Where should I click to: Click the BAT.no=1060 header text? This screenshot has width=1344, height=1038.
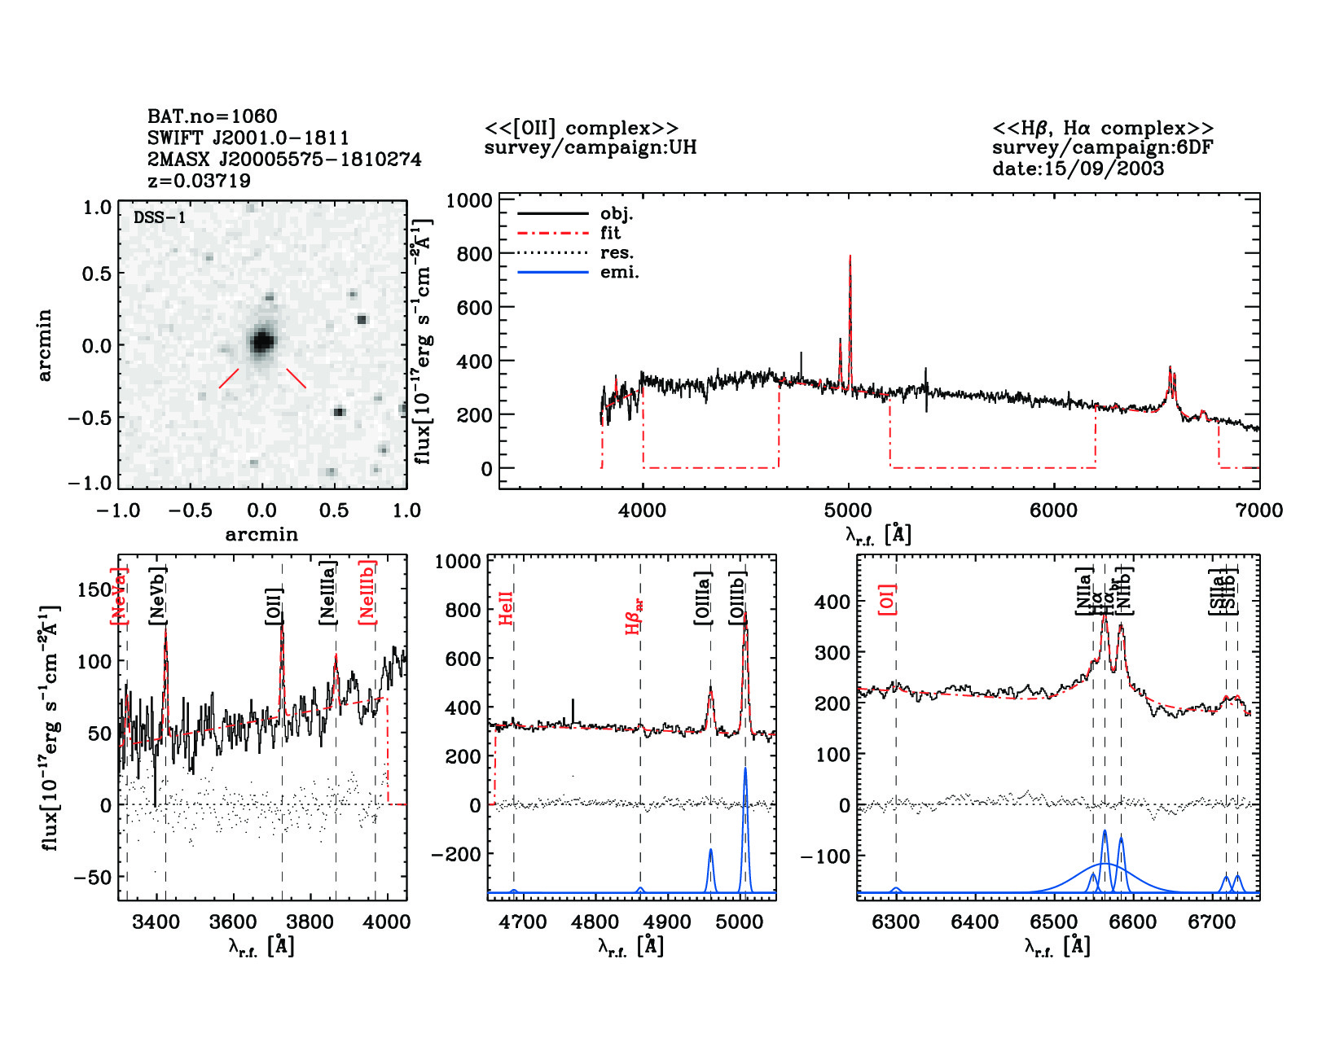click(x=212, y=116)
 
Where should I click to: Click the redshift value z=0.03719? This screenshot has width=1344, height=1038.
click(x=199, y=181)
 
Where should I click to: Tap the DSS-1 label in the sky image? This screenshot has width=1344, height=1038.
click(x=160, y=218)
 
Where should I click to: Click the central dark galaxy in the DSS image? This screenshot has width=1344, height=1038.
click(x=261, y=341)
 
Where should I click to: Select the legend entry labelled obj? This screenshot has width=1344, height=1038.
click(x=617, y=214)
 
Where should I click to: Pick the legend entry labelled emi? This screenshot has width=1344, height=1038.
click(x=619, y=273)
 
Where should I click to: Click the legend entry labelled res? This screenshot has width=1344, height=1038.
click(x=617, y=253)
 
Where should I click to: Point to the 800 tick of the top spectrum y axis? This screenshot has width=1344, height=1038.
click(x=474, y=254)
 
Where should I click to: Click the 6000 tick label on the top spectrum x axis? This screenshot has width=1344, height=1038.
click(x=1053, y=511)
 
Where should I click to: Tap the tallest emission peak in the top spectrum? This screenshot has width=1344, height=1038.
click(x=850, y=257)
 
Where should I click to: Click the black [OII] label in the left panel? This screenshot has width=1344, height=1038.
click(x=274, y=607)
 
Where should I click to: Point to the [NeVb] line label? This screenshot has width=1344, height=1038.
click(x=158, y=597)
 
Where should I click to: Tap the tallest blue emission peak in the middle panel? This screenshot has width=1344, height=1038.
click(x=744, y=769)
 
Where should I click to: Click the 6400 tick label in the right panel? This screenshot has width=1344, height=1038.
click(x=975, y=922)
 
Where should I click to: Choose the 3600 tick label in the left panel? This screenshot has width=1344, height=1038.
click(x=233, y=922)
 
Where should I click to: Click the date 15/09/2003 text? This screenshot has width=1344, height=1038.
click(x=1078, y=169)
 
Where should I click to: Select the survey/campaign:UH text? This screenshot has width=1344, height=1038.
click(x=591, y=148)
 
